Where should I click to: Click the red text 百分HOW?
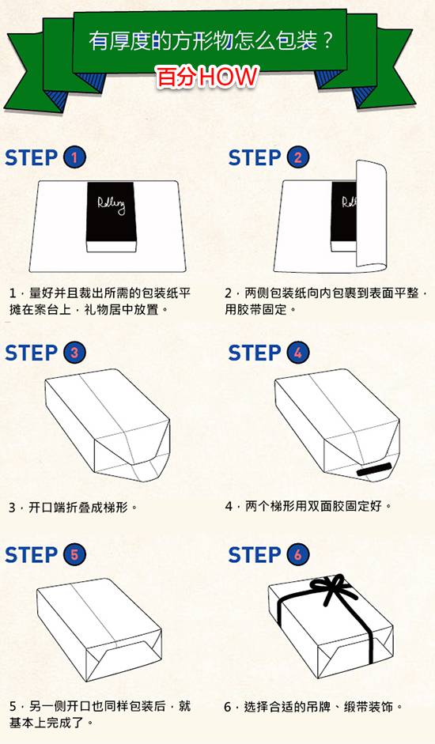point(208,77)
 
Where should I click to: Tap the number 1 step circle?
point(74,157)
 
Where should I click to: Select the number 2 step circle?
point(297,157)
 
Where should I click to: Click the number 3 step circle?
point(74,353)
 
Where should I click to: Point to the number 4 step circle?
point(297,353)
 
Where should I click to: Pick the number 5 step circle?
point(74,554)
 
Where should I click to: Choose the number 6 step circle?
point(297,554)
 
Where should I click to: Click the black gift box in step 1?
point(112,217)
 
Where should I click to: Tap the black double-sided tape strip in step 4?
point(374,469)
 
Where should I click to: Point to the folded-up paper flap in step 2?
point(372,216)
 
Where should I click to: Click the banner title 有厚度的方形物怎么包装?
point(202,41)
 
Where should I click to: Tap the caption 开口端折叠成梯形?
point(78,508)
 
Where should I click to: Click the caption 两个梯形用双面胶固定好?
point(313,506)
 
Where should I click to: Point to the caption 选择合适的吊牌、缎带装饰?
point(319,707)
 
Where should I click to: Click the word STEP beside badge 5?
point(32,555)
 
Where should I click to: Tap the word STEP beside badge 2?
point(255,158)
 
